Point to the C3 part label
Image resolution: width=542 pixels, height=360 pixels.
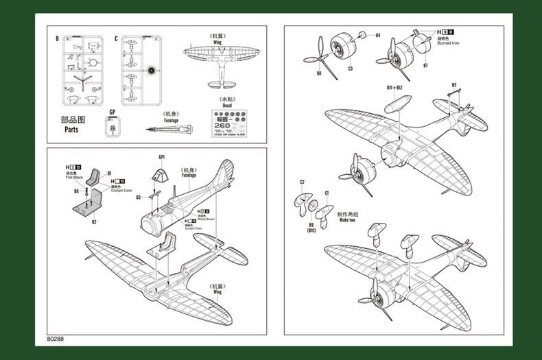tap(350, 68)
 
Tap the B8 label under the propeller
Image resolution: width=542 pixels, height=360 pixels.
tap(318, 73)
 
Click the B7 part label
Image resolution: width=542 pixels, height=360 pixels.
tap(425, 66)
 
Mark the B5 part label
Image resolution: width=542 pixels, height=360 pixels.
tap(454, 85)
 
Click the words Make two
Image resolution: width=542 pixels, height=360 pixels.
tap(346, 220)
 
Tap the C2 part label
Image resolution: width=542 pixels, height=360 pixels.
tap(302, 182)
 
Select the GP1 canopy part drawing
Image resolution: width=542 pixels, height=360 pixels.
tap(160, 173)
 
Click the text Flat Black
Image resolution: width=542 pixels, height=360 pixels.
tap(73, 177)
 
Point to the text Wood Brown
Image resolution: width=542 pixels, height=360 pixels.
tap(205, 219)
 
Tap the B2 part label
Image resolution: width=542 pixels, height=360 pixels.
tap(94, 221)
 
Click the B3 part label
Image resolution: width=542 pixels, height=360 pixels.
tap(138, 197)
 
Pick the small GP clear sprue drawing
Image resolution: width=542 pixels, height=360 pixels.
tap(113, 126)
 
